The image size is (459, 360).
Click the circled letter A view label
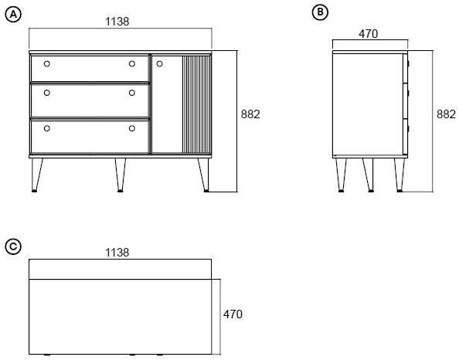[x=12, y=15]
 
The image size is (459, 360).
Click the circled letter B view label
[x=319, y=12]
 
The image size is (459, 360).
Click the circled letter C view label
[x=12, y=246]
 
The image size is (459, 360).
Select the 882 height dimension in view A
[x=250, y=114]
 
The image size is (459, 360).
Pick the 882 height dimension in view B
[x=446, y=114]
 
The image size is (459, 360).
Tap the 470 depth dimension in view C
[x=233, y=314]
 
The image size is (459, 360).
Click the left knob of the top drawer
[x=46, y=64]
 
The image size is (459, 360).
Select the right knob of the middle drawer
[x=132, y=93]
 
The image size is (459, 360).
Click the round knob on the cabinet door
[x=158, y=64]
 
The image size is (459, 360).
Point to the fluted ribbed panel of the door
[x=195, y=104]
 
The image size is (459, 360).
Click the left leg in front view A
[x=36, y=174]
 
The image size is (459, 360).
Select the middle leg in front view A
[x=120, y=174]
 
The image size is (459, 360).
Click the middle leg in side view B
[x=369, y=174]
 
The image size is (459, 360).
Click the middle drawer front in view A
[x=89, y=99]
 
